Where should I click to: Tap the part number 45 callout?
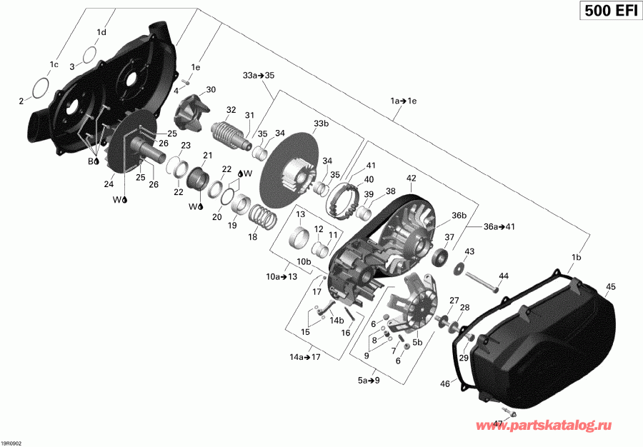pos(610,288)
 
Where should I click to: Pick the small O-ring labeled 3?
pos(89,54)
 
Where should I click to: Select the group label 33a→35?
pos(258,75)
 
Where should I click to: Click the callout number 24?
pos(109,184)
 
